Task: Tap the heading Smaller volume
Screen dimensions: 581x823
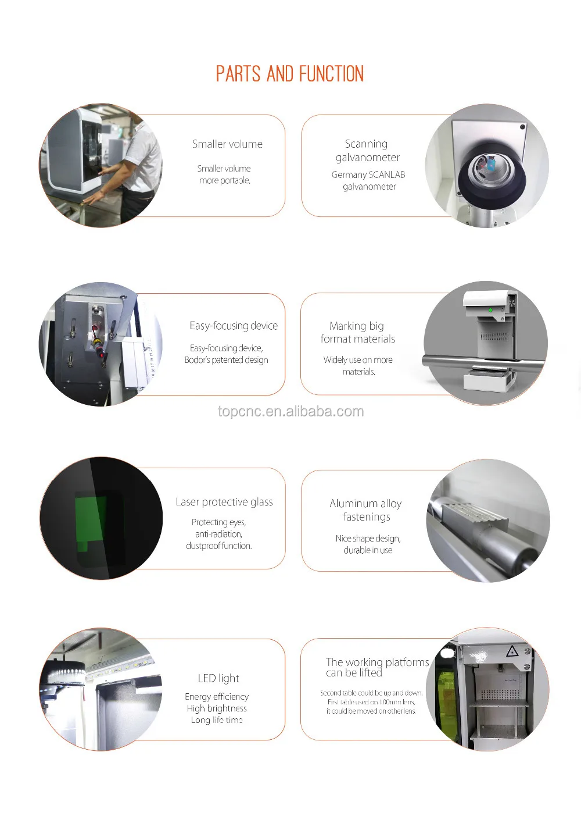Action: [x=227, y=144]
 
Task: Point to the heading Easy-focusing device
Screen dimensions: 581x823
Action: [x=234, y=326]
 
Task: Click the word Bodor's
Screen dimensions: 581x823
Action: [x=197, y=359]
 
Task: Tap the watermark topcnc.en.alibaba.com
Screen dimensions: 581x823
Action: [x=290, y=411]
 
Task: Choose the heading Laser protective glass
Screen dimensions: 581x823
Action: [x=224, y=502]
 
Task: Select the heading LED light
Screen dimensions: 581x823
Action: [x=218, y=678]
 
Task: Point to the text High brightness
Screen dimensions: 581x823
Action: [x=217, y=708]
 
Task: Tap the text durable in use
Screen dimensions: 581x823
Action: [x=368, y=550]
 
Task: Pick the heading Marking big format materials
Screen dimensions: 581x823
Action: [x=357, y=332]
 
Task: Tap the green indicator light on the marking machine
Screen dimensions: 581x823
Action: [x=490, y=310]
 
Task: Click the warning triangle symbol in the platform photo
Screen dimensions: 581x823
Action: [x=512, y=652]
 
